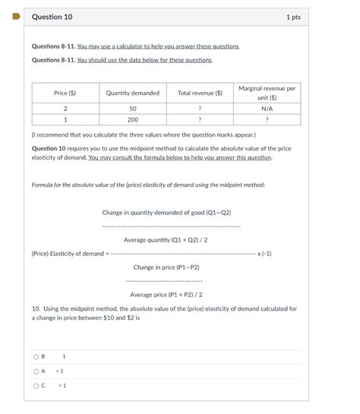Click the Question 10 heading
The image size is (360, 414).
tap(52, 17)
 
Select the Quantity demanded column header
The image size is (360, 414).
tap(132, 93)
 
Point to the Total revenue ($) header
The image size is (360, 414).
tap(200, 93)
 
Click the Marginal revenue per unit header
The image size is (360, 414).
tap(267, 93)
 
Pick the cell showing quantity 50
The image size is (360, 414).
tap(132, 109)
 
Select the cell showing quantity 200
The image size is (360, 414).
tap(132, 119)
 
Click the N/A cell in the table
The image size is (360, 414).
tap(267, 109)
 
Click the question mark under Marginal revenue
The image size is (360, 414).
tap(267, 119)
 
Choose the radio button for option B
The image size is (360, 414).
tap(36, 356)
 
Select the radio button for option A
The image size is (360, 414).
tap(36, 371)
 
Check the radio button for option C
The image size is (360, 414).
tap(36, 385)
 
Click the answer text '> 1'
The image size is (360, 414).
tap(62, 385)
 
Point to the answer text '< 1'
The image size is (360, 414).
tap(60, 371)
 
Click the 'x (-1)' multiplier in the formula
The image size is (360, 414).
tap(264, 253)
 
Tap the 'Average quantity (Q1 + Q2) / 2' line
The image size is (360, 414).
tap(166, 239)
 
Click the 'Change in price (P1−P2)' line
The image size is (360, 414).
tap(166, 267)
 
